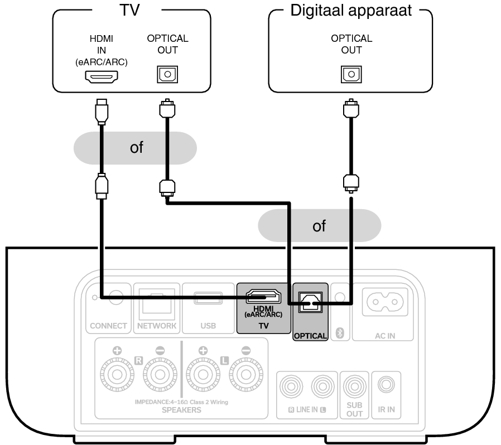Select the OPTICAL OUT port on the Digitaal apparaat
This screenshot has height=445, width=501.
tap(350, 75)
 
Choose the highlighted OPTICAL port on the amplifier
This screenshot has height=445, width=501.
tap(310, 302)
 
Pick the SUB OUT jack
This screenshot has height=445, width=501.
tap(354, 386)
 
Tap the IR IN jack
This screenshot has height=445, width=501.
tap(386, 386)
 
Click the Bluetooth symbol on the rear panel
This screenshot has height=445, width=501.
tap(340, 333)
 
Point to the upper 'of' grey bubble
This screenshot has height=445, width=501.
tap(136, 148)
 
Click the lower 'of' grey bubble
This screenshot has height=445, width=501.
tap(319, 226)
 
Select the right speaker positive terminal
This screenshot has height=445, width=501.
tap(118, 377)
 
